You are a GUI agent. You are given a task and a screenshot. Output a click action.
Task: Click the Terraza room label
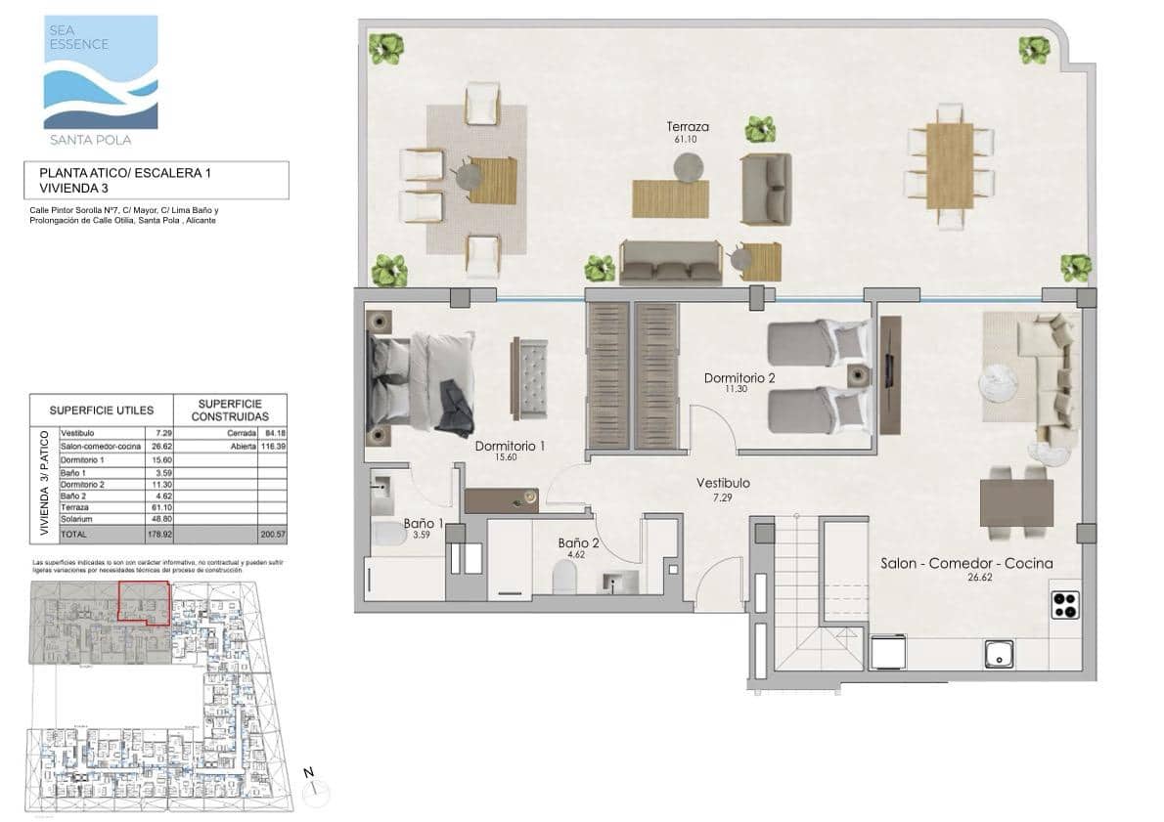tap(687, 127)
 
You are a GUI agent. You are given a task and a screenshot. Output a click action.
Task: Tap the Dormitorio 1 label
tap(509, 447)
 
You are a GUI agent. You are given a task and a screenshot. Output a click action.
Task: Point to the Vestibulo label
tap(723, 483)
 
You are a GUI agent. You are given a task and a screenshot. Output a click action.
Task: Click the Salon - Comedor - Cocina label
tap(965, 563)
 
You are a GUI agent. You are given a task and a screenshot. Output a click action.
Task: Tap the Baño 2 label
tap(578, 542)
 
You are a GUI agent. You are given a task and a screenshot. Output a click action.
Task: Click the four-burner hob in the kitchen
tap(1064, 606)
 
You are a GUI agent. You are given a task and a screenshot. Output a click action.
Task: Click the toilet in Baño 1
tap(388, 537)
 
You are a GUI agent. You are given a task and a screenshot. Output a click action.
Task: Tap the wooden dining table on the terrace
tap(949, 165)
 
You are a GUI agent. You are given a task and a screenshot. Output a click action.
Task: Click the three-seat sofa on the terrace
tap(671, 263)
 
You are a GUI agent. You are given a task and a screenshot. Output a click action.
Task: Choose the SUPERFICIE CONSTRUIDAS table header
tap(230, 410)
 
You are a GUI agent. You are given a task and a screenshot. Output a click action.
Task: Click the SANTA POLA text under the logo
tap(101, 140)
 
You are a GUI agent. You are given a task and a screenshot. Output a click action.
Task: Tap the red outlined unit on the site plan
tap(143, 601)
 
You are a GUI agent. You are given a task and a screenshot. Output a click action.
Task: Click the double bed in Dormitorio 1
tap(422, 381)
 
